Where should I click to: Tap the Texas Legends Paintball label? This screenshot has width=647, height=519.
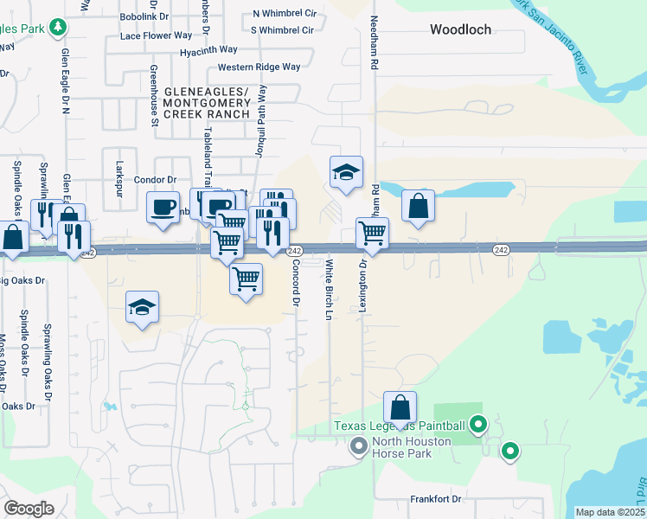(400, 426)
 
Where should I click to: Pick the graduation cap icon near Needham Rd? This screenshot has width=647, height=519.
(345, 173)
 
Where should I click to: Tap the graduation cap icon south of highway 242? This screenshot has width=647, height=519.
(143, 308)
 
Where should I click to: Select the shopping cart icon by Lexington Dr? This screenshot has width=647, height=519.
(372, 233)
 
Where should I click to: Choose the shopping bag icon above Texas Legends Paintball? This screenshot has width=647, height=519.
(400, 407)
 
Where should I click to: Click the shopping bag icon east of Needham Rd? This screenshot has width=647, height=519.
(418, 206)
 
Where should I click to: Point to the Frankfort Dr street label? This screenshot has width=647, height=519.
(436, 499)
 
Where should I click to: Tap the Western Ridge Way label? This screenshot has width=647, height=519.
(259, 67)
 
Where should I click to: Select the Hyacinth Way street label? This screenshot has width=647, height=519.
(203, 51)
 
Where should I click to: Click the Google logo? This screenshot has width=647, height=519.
(29, 508)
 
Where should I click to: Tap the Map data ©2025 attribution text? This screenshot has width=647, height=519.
(610, 512)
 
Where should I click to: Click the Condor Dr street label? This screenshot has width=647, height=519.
(156, 180)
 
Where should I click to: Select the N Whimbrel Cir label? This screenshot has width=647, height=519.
(283, 14)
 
